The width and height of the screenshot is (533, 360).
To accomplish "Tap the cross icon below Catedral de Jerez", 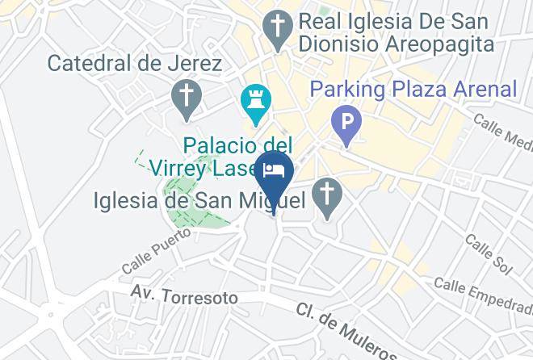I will point(186,98).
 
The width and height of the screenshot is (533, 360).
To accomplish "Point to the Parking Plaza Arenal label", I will point(413,88).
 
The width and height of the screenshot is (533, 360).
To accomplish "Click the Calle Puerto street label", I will point(157,250).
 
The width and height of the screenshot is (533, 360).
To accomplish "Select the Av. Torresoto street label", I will point(185,296).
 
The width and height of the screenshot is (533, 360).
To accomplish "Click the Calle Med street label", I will point(502,132).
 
